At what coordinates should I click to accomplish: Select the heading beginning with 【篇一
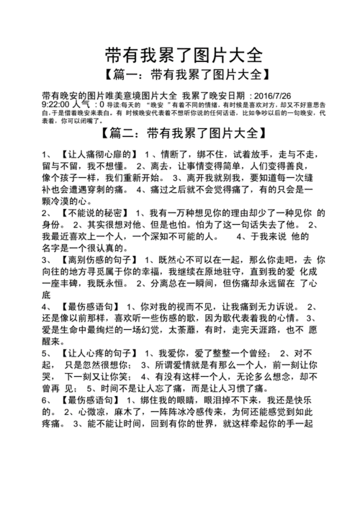[x=180, y=74]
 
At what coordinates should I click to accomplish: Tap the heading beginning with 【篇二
[x=180, y=133]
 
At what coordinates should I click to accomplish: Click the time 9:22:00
[x=60, y=104]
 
